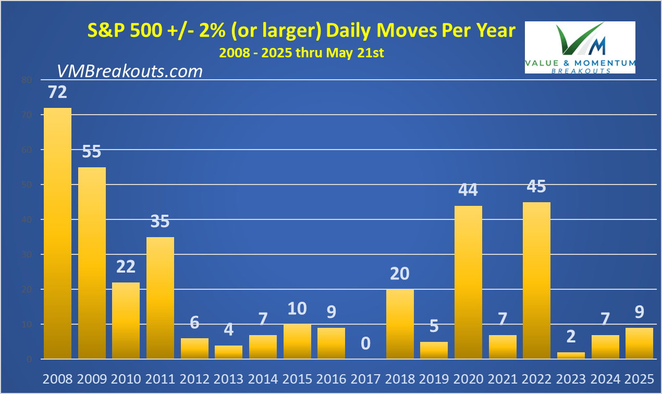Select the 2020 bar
click(x=469, y=282)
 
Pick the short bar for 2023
click(x=571, y=355)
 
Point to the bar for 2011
click(x=160, y=298)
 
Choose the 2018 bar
click(x=400, y=324)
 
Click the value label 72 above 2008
click(x=57, y=92)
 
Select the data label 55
click(x=92, y=152)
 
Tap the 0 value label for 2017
click(x=366, y=343)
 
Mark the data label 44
click(x=468, y=190)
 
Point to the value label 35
click(x=160, y=221)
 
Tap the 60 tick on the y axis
click(x=27, y=150)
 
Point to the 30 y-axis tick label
click(x=27, y=255)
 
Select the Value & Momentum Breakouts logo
click(x=580, y=47)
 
